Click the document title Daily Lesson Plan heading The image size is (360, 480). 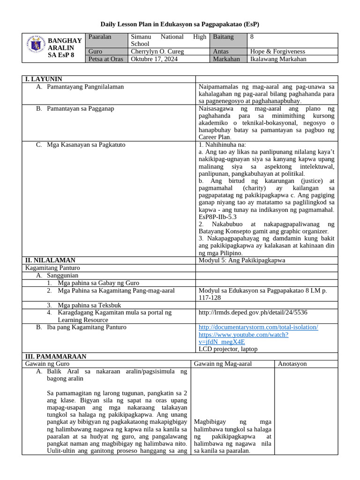tap(180, 24)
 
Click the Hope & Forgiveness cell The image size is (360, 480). tap(277, 52)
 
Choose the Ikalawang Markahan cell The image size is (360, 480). tap(279, 59)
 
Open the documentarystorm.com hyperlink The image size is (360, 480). tap(258, 327)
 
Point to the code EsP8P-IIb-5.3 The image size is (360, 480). tap(217, 217)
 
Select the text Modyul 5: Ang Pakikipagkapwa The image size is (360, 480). tap(242, 260)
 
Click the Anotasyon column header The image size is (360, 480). tap(293, 364)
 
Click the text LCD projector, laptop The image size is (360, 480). tap(228, 349)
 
